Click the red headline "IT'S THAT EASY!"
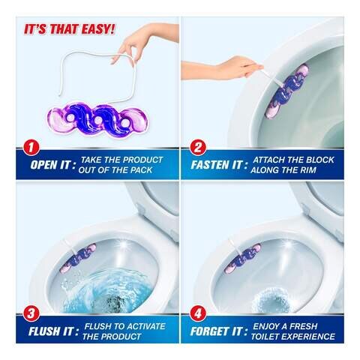click(x=69, y=29)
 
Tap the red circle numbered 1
click(x=31, y=148)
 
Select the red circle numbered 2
click(x=197, y=148)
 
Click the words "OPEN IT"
click(x=50, y=165)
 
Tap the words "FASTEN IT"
click(x=217, y=165)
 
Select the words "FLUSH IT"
click(x=51, y=331)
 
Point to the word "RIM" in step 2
click(x=307, y=170)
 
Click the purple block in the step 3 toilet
click(x=78, y=258)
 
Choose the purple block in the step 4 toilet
click(x=242, y=258)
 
